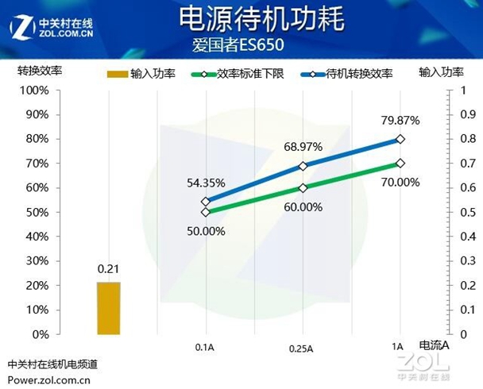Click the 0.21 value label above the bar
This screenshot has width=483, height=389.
pos(108,270)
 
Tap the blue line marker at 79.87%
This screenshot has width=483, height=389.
pos(400,139)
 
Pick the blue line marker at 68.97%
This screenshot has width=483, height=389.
pos(303,166)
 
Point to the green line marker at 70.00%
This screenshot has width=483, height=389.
pos(400,163)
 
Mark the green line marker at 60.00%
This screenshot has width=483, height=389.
pos(303,188)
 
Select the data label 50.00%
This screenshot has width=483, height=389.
pos(207,231)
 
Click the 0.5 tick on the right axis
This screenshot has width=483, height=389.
pos(456,212)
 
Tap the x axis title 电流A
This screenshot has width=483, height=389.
pos(434,345)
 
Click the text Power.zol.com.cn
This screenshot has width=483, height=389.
pos(49,379)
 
